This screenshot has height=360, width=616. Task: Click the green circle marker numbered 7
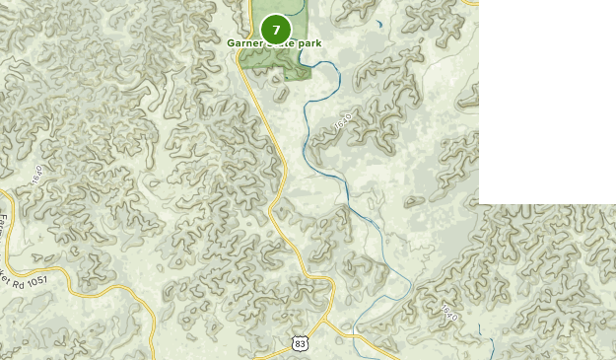pyautogui.click(x=276, y=30)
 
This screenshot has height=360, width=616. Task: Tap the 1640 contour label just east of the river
pyautogui.click(x=342, y=123)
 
